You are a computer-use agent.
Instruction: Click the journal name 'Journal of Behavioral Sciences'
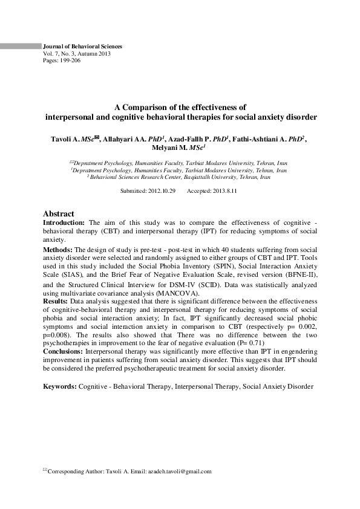pyautogui.click(x=82, y=47)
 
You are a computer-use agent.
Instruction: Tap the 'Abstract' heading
pyautogui.click(x=59, y=214)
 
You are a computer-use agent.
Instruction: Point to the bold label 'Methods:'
pyautogui.click(x=57, y=250)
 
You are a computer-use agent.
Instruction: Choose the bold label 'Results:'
pyautogui.click(x=56, y=300)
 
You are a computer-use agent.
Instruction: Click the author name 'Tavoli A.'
pyautogui.click(x=67, y=139)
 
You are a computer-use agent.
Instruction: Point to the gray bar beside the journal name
pyautogui.click(x=19, y=46)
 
